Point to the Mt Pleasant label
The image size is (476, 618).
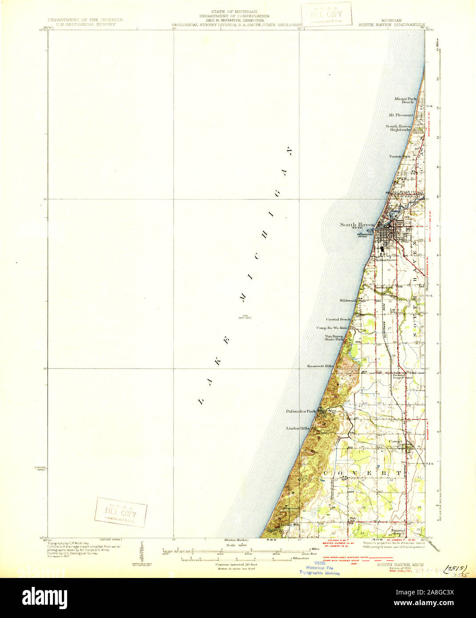click(401, 115)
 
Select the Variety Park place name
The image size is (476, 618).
click(398, 157)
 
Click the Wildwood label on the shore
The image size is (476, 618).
click(349, 301)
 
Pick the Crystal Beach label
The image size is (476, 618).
click(339, 319)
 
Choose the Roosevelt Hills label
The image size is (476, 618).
click(320, 366)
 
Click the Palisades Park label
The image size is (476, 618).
click(301, 411)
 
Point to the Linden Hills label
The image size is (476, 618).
click(298, 428)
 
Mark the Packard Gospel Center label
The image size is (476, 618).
click(402, 376)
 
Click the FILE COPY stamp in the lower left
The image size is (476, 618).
click(120, 512)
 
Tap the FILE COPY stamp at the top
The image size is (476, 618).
click(326, 14)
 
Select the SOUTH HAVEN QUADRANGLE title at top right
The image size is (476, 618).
click(392, 24)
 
